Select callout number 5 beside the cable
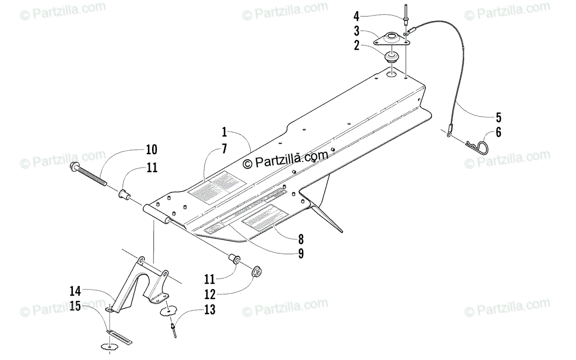(498, 117)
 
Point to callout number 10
(152, 150)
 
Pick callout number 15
(75, 305)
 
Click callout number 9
(300, 254)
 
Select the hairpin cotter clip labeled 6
(477, 144)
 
